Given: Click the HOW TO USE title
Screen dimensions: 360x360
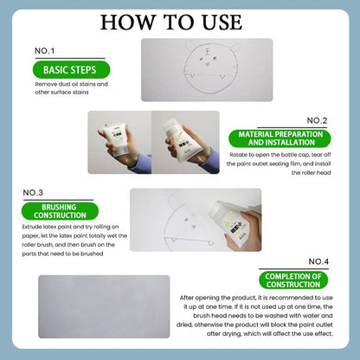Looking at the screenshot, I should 180,21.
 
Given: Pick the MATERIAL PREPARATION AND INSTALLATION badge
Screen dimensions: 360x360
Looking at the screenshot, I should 277,138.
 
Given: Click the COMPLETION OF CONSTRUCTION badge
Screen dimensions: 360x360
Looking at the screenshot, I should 293,280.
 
